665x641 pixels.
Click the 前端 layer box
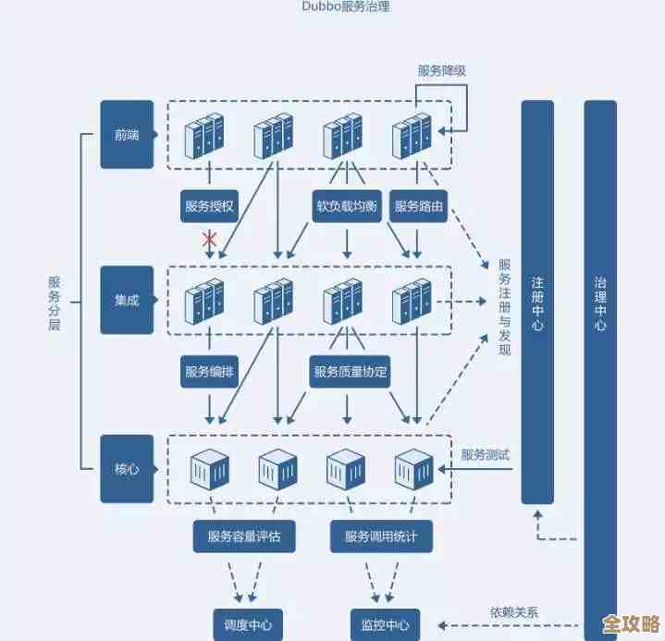[127, 135]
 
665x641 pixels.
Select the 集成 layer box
[127, 300]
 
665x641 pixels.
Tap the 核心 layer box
[127, 469]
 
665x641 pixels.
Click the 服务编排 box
[210, 372]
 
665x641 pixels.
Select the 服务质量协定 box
[351, 372]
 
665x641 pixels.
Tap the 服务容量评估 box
[244, 536]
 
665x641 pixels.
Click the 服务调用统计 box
[381, 536]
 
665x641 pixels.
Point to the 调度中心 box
[247, 623]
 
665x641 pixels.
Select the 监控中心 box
[385, 623]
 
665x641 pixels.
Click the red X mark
[210, 240]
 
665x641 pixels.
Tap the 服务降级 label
[442, 70]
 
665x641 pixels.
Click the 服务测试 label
[486, 454]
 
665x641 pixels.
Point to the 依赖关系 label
[514, 611]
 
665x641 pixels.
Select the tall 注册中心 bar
[537, 302]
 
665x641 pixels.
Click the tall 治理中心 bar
[600, 351]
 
